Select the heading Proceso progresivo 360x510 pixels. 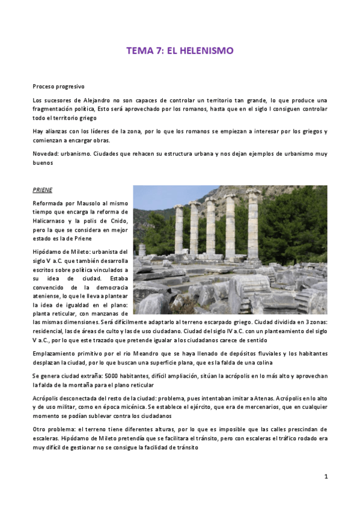(x=58, y=87)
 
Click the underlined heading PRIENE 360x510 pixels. (x=43, y=190)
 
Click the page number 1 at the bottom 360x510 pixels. (x=325, y=476)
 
